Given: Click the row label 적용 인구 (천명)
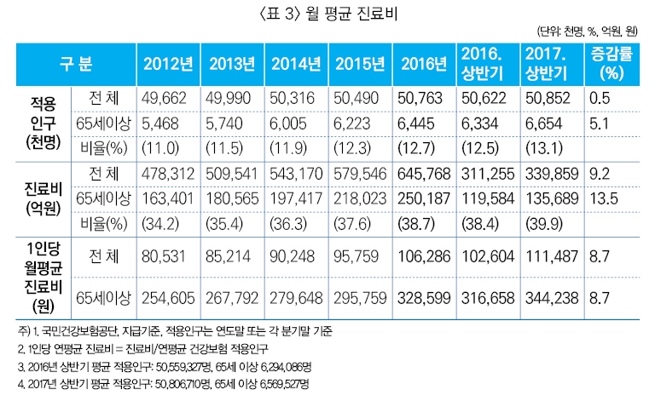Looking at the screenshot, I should point(35,123).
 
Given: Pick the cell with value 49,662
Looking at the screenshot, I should point(166,98).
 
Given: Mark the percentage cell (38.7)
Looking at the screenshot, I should point(425,226).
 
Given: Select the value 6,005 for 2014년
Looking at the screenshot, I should point(295,123).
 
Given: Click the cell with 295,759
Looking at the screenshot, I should point(361,297).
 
